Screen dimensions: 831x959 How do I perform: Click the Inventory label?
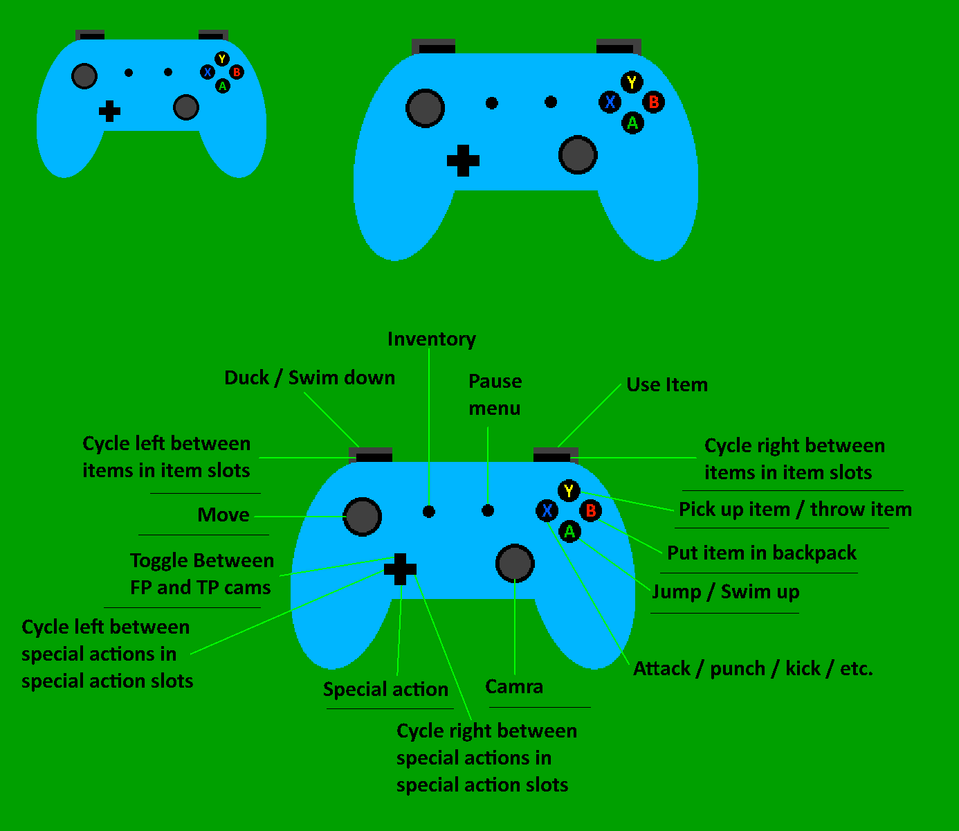tap(431, 339)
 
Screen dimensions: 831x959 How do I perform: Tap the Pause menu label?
tap(495, 395)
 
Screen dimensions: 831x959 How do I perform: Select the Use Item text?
tap(667, 385)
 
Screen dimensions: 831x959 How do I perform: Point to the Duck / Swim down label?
tap(309, 378)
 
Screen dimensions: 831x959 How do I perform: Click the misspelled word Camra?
tap(514, 687)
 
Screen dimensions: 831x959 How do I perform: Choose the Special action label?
tap(385, 690)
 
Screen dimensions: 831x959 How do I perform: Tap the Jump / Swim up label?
tap(726, 592)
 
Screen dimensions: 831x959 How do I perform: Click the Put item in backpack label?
tap(761, 553)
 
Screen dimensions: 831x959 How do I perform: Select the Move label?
tap(223, 515)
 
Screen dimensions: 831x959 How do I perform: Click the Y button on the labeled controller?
tap(569, 491)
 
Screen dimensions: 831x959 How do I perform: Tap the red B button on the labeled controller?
tap(590, 511)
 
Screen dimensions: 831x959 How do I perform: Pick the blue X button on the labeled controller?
tap(547, 511)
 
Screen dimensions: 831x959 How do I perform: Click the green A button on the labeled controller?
tap(569, 532)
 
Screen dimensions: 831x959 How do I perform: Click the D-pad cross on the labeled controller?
tap(400, 569)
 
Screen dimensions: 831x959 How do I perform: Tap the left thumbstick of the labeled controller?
tap(363, 516)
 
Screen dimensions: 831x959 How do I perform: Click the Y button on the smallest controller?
tap(221, 59)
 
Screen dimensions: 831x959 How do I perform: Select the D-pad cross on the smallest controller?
tap(109, 111)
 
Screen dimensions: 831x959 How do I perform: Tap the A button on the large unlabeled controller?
tap(632, 123)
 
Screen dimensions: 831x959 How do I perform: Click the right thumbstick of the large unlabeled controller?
tap(577, 154)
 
